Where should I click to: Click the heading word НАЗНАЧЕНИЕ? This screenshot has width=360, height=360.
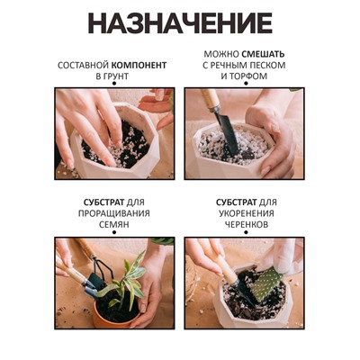coord(180,23)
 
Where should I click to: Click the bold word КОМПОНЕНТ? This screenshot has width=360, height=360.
coord(139,65)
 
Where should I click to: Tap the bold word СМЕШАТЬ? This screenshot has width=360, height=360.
coord(263,54)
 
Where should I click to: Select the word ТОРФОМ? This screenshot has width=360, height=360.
coord(247,76)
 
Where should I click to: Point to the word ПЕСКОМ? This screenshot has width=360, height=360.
coord(266,65)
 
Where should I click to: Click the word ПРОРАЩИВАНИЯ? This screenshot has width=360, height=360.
coord(114,213)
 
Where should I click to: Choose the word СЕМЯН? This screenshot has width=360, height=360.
coord(114,224)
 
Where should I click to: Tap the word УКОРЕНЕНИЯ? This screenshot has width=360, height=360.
coord(247,213)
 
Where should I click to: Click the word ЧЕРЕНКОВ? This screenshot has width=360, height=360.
coord(247,224)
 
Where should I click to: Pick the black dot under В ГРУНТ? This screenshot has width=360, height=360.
coord(114,84)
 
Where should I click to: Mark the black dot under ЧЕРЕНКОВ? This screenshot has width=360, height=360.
coord(246,232)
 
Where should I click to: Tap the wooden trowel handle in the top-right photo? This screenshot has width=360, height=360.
coord(211,100)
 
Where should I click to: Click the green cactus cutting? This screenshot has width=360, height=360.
coord(265,283)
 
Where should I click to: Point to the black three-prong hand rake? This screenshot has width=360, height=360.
coord(101,270)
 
